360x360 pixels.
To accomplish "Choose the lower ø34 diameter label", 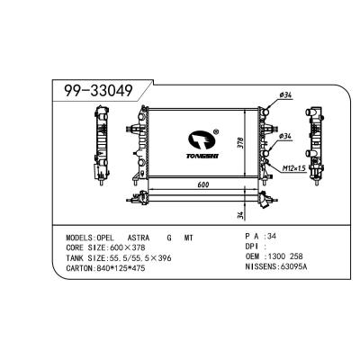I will click(285, 136).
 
